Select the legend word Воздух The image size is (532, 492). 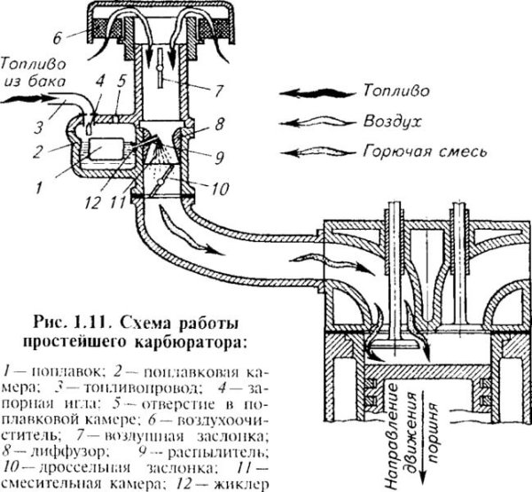click(x=387, y=117)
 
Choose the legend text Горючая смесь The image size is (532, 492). click(x=428, y=151)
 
